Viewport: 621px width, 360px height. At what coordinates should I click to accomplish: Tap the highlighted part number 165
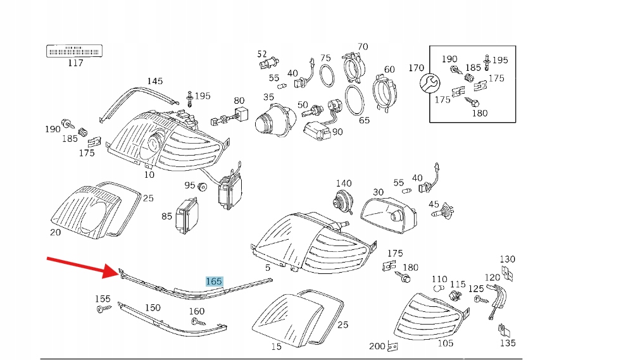(214, 281)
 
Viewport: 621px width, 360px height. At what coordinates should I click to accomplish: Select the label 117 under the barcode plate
(75, 63)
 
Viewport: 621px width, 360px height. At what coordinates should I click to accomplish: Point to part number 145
(155, 81)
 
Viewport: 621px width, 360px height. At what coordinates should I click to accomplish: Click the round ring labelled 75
(325, 77)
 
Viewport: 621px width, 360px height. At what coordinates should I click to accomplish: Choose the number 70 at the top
(362, 47)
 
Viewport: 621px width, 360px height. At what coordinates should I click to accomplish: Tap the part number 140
(344, 183)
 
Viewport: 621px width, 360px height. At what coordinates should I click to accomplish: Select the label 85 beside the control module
(166, 216)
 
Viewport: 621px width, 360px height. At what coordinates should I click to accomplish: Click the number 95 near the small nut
(190, 185)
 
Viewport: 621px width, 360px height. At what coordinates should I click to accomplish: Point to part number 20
(55, 232)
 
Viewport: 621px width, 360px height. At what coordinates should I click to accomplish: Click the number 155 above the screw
(103, 299)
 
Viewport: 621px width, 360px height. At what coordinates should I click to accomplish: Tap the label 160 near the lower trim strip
(197, 311)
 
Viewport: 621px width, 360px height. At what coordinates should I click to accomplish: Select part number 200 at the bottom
(377, 346)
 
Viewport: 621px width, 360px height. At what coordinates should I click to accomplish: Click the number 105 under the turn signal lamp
(446, 343)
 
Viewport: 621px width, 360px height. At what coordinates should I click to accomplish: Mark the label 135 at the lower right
(508, 344)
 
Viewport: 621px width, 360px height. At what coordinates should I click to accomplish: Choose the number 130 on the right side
(508, 259)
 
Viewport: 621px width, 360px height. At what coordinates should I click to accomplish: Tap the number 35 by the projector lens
(268, 97)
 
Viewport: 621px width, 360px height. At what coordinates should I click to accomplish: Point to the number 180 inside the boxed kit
(480, 113)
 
